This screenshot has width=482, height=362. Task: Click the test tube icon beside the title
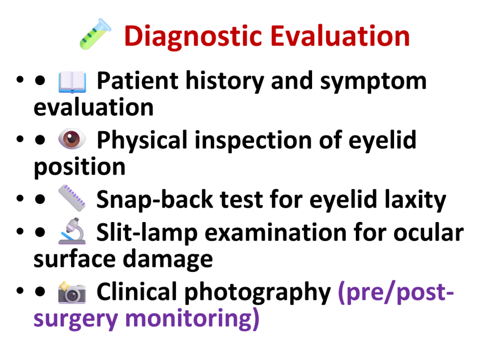click(95, 34)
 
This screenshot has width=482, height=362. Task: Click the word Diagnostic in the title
click(193, 37)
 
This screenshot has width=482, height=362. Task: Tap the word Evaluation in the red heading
click(340, 36)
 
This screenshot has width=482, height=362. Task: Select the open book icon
click(72, 82)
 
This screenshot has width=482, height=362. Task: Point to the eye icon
click(72, 139)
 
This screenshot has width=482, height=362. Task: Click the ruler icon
click(72, 198)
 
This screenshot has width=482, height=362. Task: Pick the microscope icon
click(72, 231)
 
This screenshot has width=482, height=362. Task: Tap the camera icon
click(72, 292)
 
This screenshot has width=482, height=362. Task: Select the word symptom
click(373, 82)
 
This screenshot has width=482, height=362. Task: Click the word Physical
click(142, 140)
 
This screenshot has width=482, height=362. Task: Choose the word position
click(80, 168)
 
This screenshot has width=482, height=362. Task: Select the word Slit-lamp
click(147, 233)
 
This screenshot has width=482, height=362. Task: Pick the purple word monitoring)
click(193, 319)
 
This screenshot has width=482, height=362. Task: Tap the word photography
click(257, 293)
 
